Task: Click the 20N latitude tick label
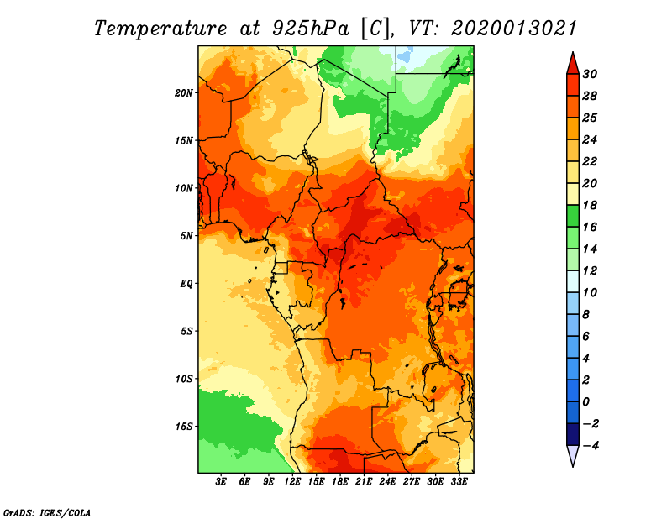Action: (184, 93)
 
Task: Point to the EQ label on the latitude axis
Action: (186, 284)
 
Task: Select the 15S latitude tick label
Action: (184, 427)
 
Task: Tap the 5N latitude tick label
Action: (186, 236)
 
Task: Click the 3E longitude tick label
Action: (221, 482)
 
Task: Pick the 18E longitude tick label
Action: (340, 482)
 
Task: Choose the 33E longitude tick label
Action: (459, 482)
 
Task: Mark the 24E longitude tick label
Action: (387, 482)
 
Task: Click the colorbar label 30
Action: (590, 74)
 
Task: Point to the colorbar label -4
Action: (591, 446)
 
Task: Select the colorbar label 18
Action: (590, 205)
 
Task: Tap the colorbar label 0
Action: (585, 402)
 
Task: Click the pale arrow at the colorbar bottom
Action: (573, 454)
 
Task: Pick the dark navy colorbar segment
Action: (573, 434)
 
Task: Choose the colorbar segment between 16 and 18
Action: (573, 216)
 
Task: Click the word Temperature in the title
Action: (160, 29)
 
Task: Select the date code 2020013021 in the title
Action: (514, 29)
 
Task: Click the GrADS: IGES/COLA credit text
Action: (47, 513)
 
